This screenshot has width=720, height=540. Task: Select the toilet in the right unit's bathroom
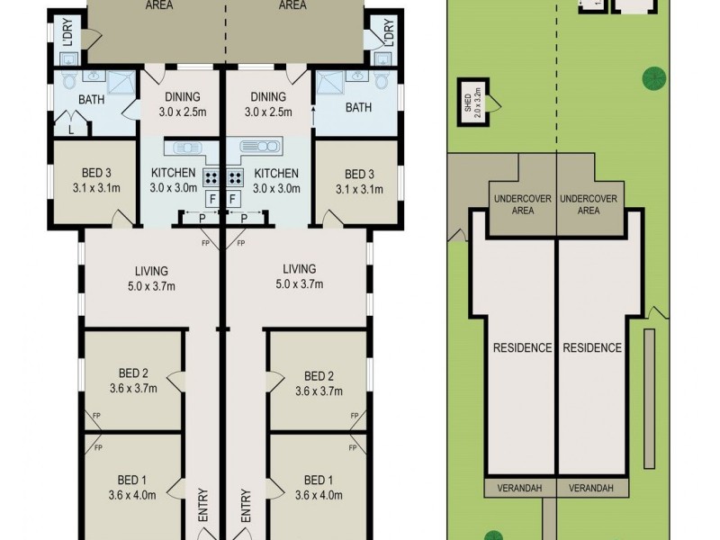point(383,82)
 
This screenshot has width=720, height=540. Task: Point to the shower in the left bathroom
point(119,83)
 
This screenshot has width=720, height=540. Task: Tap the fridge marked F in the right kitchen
point(234,198)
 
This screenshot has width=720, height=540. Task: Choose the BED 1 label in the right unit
point(319,480)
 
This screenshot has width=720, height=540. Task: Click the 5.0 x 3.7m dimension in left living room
point(150,285)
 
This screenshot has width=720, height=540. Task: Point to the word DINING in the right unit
point(268,97)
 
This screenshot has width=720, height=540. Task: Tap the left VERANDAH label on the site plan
point(520,488)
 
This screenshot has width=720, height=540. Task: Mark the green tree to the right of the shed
point(654,78)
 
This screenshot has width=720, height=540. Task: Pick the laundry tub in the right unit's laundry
point(382,58)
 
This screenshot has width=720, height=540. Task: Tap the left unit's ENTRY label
point(202,506)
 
